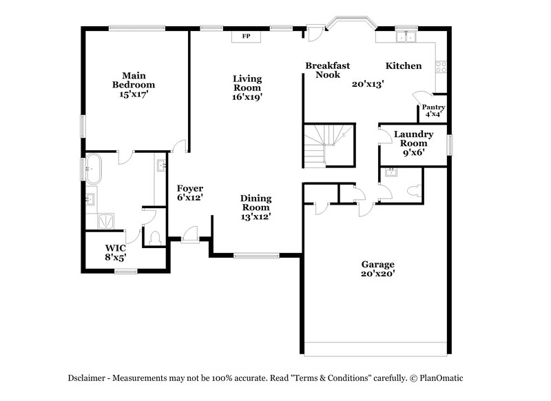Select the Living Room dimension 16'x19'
point(247,97)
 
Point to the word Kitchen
point(403,65)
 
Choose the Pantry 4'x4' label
point(433,110)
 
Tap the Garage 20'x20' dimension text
point(378,274)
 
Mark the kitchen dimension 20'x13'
point(367,83)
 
